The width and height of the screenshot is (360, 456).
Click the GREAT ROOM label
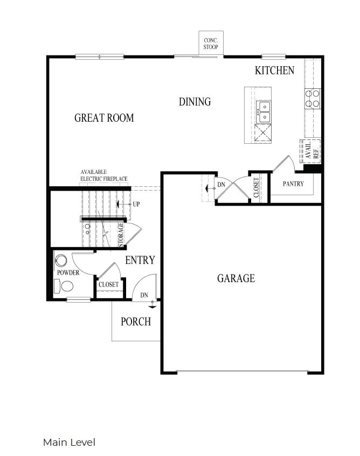point(104,118)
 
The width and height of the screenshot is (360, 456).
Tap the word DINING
point(195,102)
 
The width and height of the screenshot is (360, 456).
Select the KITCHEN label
point(274,71)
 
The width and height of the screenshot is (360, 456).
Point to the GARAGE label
point(236,278)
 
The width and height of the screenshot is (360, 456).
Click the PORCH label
point(135,322)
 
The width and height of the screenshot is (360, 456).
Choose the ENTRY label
point(140,261)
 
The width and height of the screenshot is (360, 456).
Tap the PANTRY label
point(293,184)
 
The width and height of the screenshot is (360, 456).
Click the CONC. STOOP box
point(210,44)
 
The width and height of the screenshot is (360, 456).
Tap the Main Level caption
point(69,443)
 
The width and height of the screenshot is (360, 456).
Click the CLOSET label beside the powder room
point(108,285)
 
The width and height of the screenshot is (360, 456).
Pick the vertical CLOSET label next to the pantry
point(256,187)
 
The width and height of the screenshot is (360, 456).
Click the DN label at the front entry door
point(144,295)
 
